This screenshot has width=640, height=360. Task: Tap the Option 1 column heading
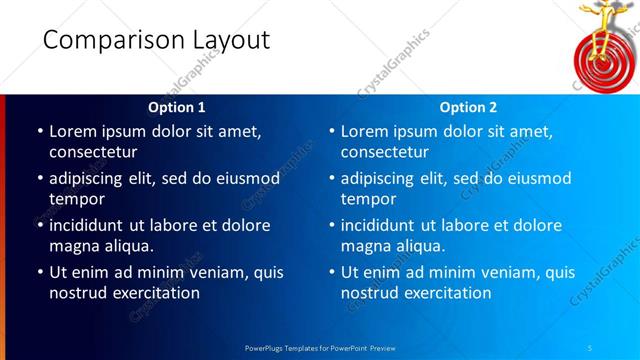click(x=177, y=107)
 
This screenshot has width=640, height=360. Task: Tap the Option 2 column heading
click(x=469, y=107)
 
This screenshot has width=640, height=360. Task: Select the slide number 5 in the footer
click(x=590, y=346)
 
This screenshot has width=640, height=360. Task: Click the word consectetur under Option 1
click(x=93, y=152)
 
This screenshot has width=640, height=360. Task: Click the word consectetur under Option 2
click(x=385, y=152)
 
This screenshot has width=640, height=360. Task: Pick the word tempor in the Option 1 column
click(x=76, y=198)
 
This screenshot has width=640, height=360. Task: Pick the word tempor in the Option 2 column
click(x=368, y=198)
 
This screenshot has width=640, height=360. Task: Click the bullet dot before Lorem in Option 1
click(x=39, y=132)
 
